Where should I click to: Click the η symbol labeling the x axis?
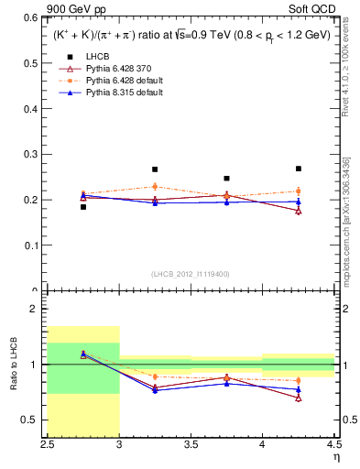(x=335, y=455)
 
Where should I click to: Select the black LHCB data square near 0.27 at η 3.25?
(x=155, y=169)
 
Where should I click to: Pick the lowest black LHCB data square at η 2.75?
(x=83, y=207)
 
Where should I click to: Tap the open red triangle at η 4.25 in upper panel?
(x=298, y=211)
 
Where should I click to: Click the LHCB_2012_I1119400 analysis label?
(x=191, y=274)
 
